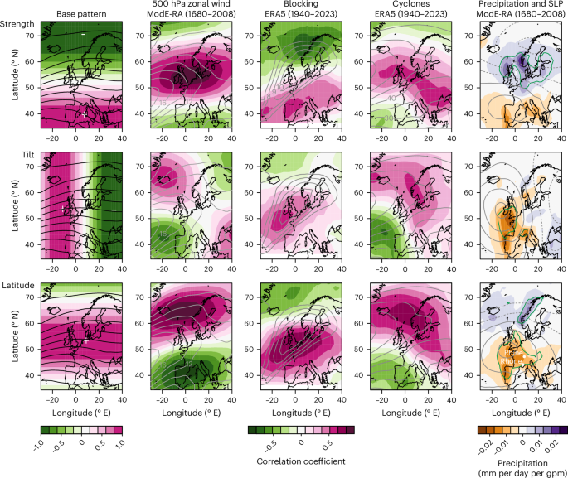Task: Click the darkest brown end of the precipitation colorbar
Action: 473,429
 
